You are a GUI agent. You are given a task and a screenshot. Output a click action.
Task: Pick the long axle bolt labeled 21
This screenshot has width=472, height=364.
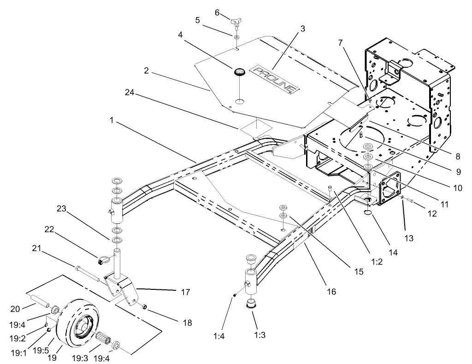coord(88,273)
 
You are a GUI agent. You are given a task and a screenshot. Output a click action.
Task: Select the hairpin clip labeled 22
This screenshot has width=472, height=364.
coord(102,261)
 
